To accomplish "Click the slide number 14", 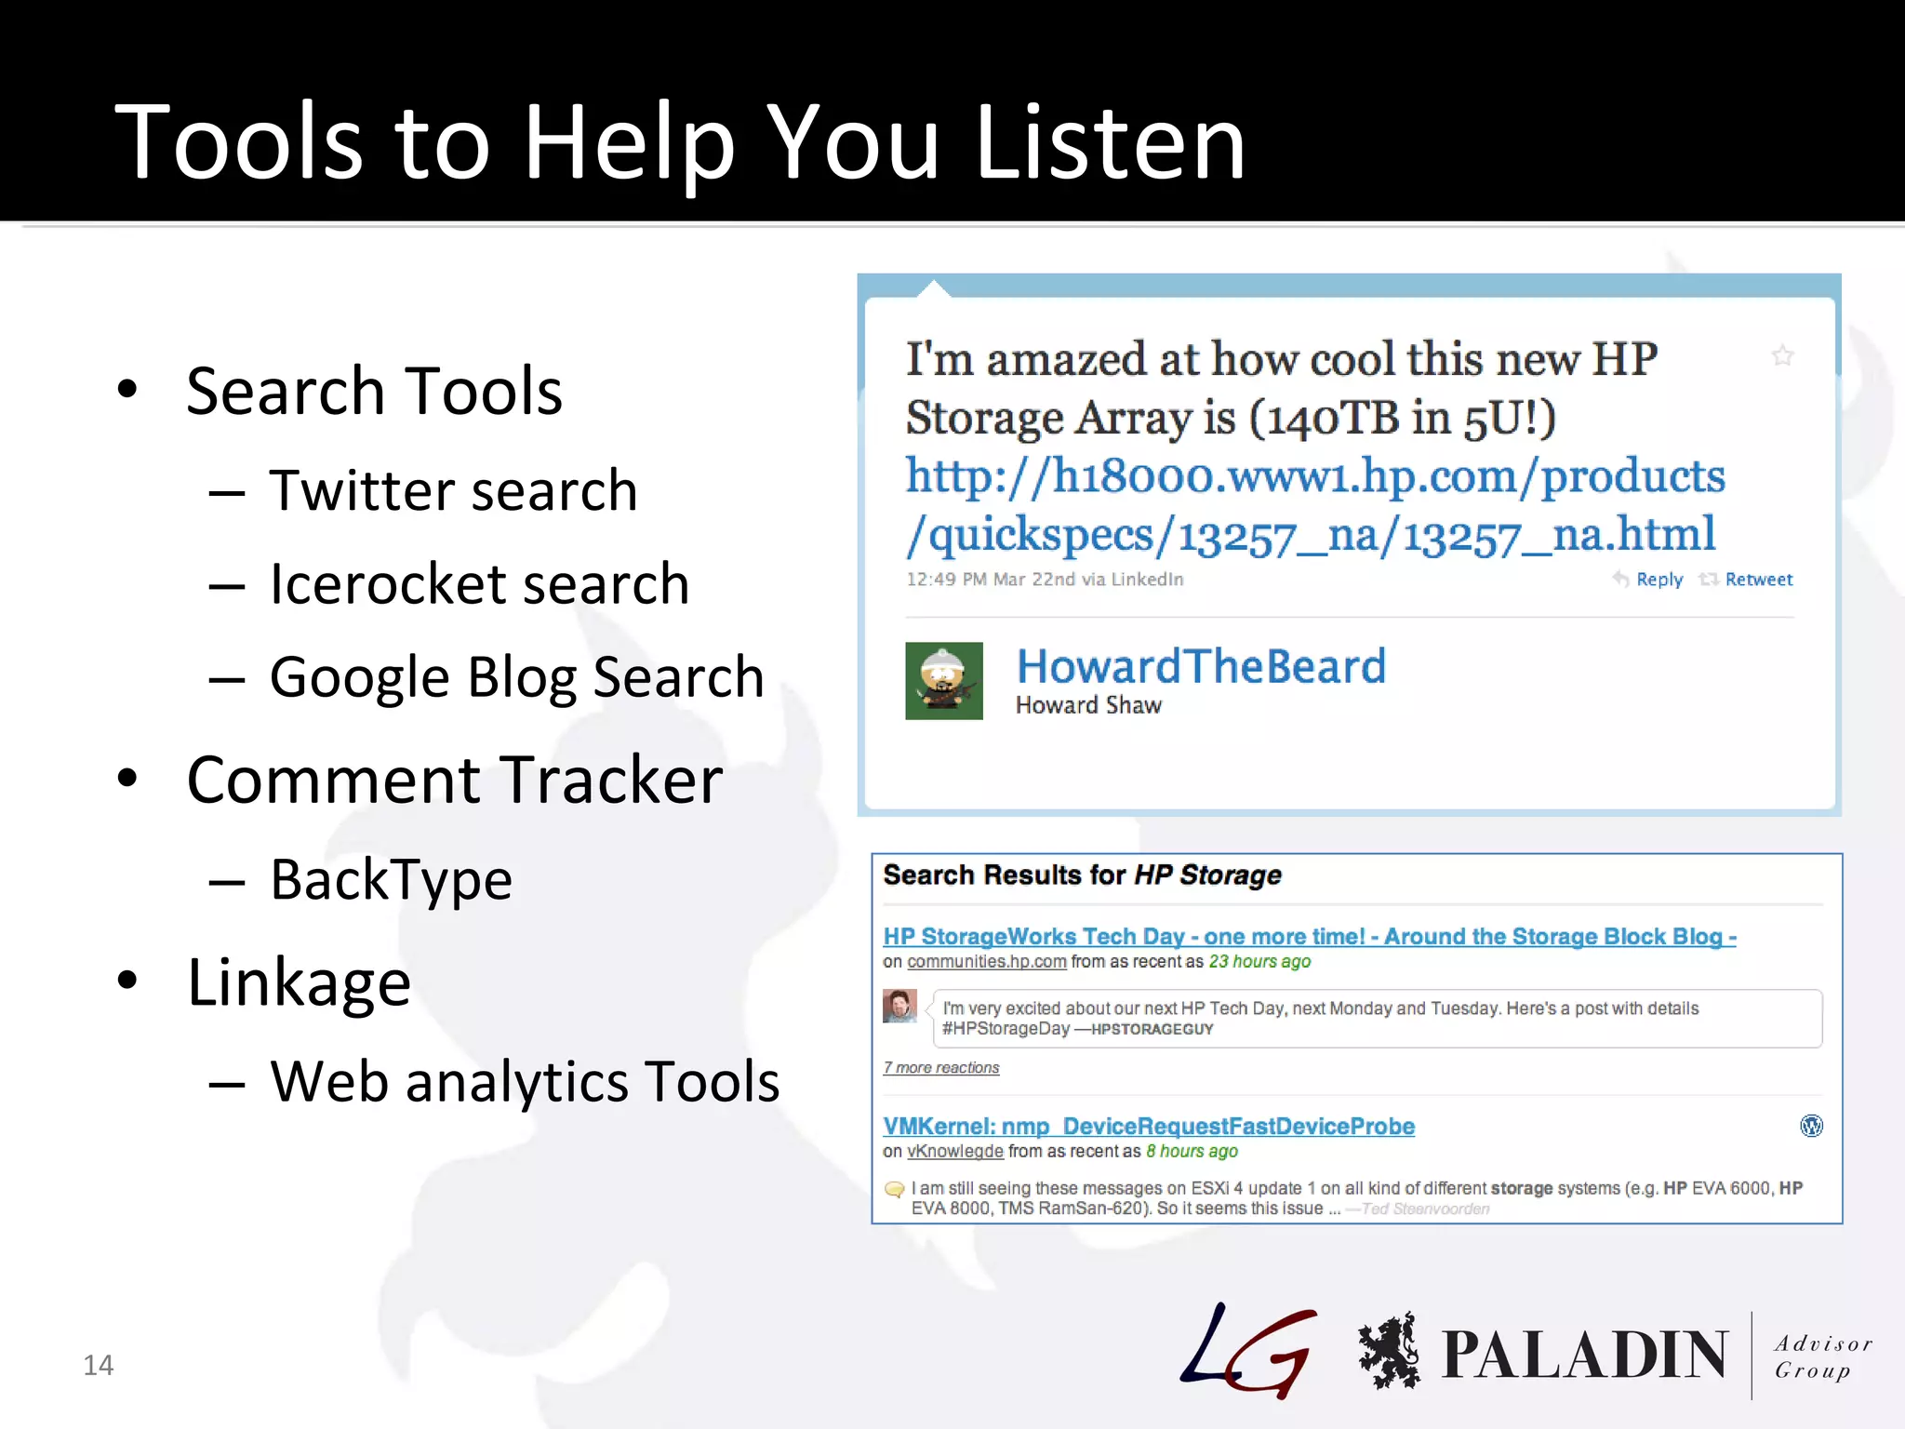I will pyautogui.click(x=98, y=1365).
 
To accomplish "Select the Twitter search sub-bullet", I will pyautogui.click(x=453, y=490).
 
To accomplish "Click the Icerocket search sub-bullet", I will pyautogui.click(x=479, y=584).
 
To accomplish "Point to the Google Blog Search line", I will pyautogui.click(x=516, y=676).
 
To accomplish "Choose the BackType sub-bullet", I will pyautogui.click(x=391, y=879).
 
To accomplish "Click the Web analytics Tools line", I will pyautogui.click(x=525, y=1081).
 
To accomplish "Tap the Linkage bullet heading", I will pyautogui.click(x=299, y=982).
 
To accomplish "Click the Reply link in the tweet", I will pyautogui.click(x=1659, y=580).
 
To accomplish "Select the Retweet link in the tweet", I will pyautogui.click(x=1758, y=580).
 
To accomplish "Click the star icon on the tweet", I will pyautogui.click(x=1782, y=355).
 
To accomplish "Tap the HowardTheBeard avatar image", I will pyautogui.click(x=943, y=681).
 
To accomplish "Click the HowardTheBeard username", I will pyautogui.click(x=1201, y=666).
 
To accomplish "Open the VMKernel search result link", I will pyautogui.click(x=1149, y=1126).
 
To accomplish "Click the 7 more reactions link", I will pyautogui.click(x=940, y=1068).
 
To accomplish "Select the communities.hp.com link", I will pyautogui.click(x=986, y=962).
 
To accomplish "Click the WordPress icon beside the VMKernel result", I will pyautogui.click(x=1811, y=1126).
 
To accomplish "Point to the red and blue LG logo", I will pyautogui.click(x=1249, y=1351).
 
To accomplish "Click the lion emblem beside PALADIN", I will pyautogui.click(x=1389, y=1351).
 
